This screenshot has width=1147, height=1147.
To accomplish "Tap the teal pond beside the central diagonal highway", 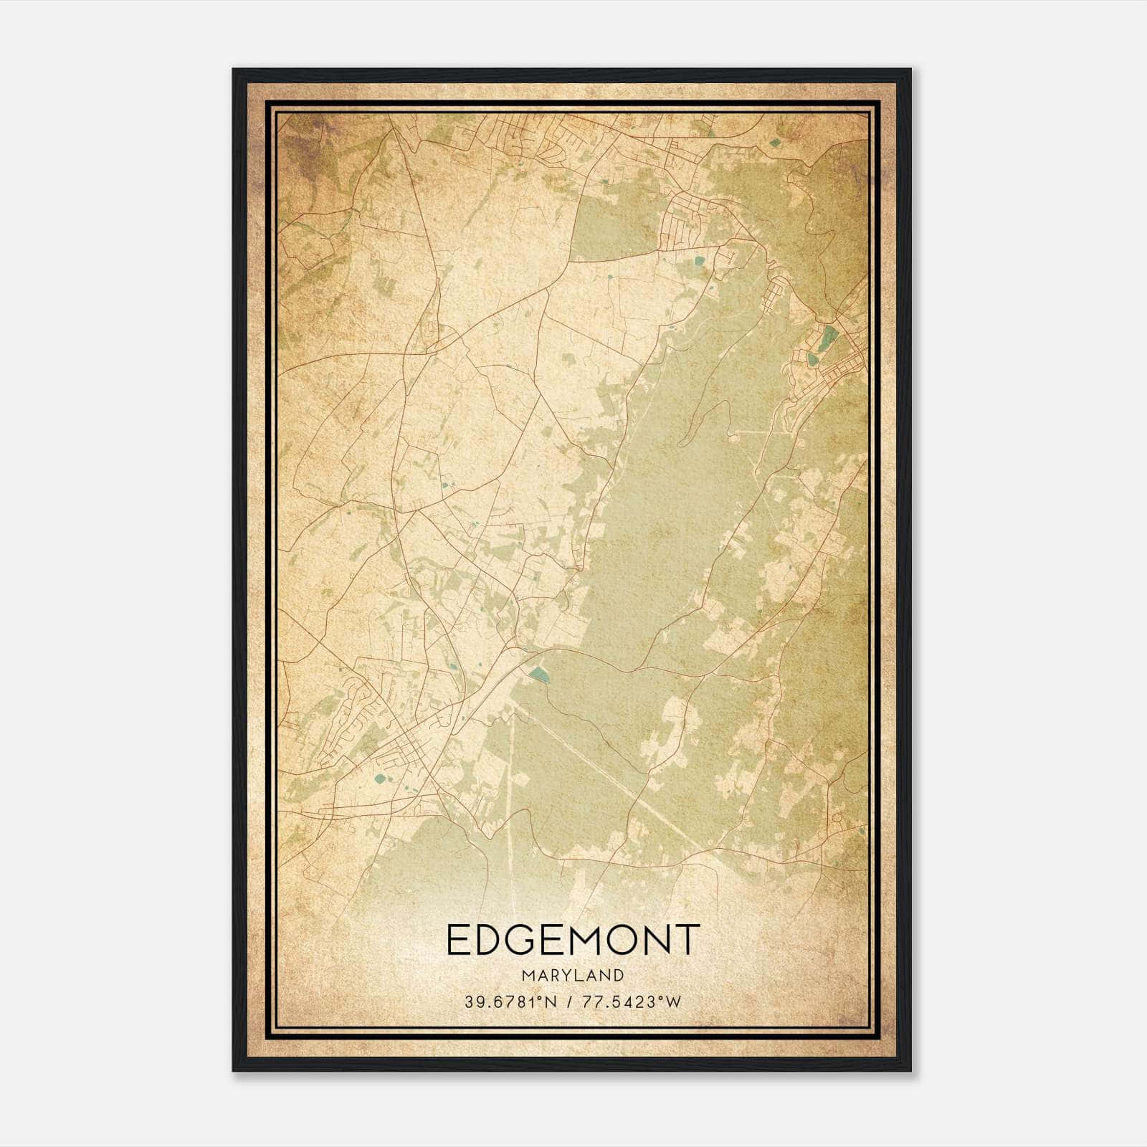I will (x=538, y=673).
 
